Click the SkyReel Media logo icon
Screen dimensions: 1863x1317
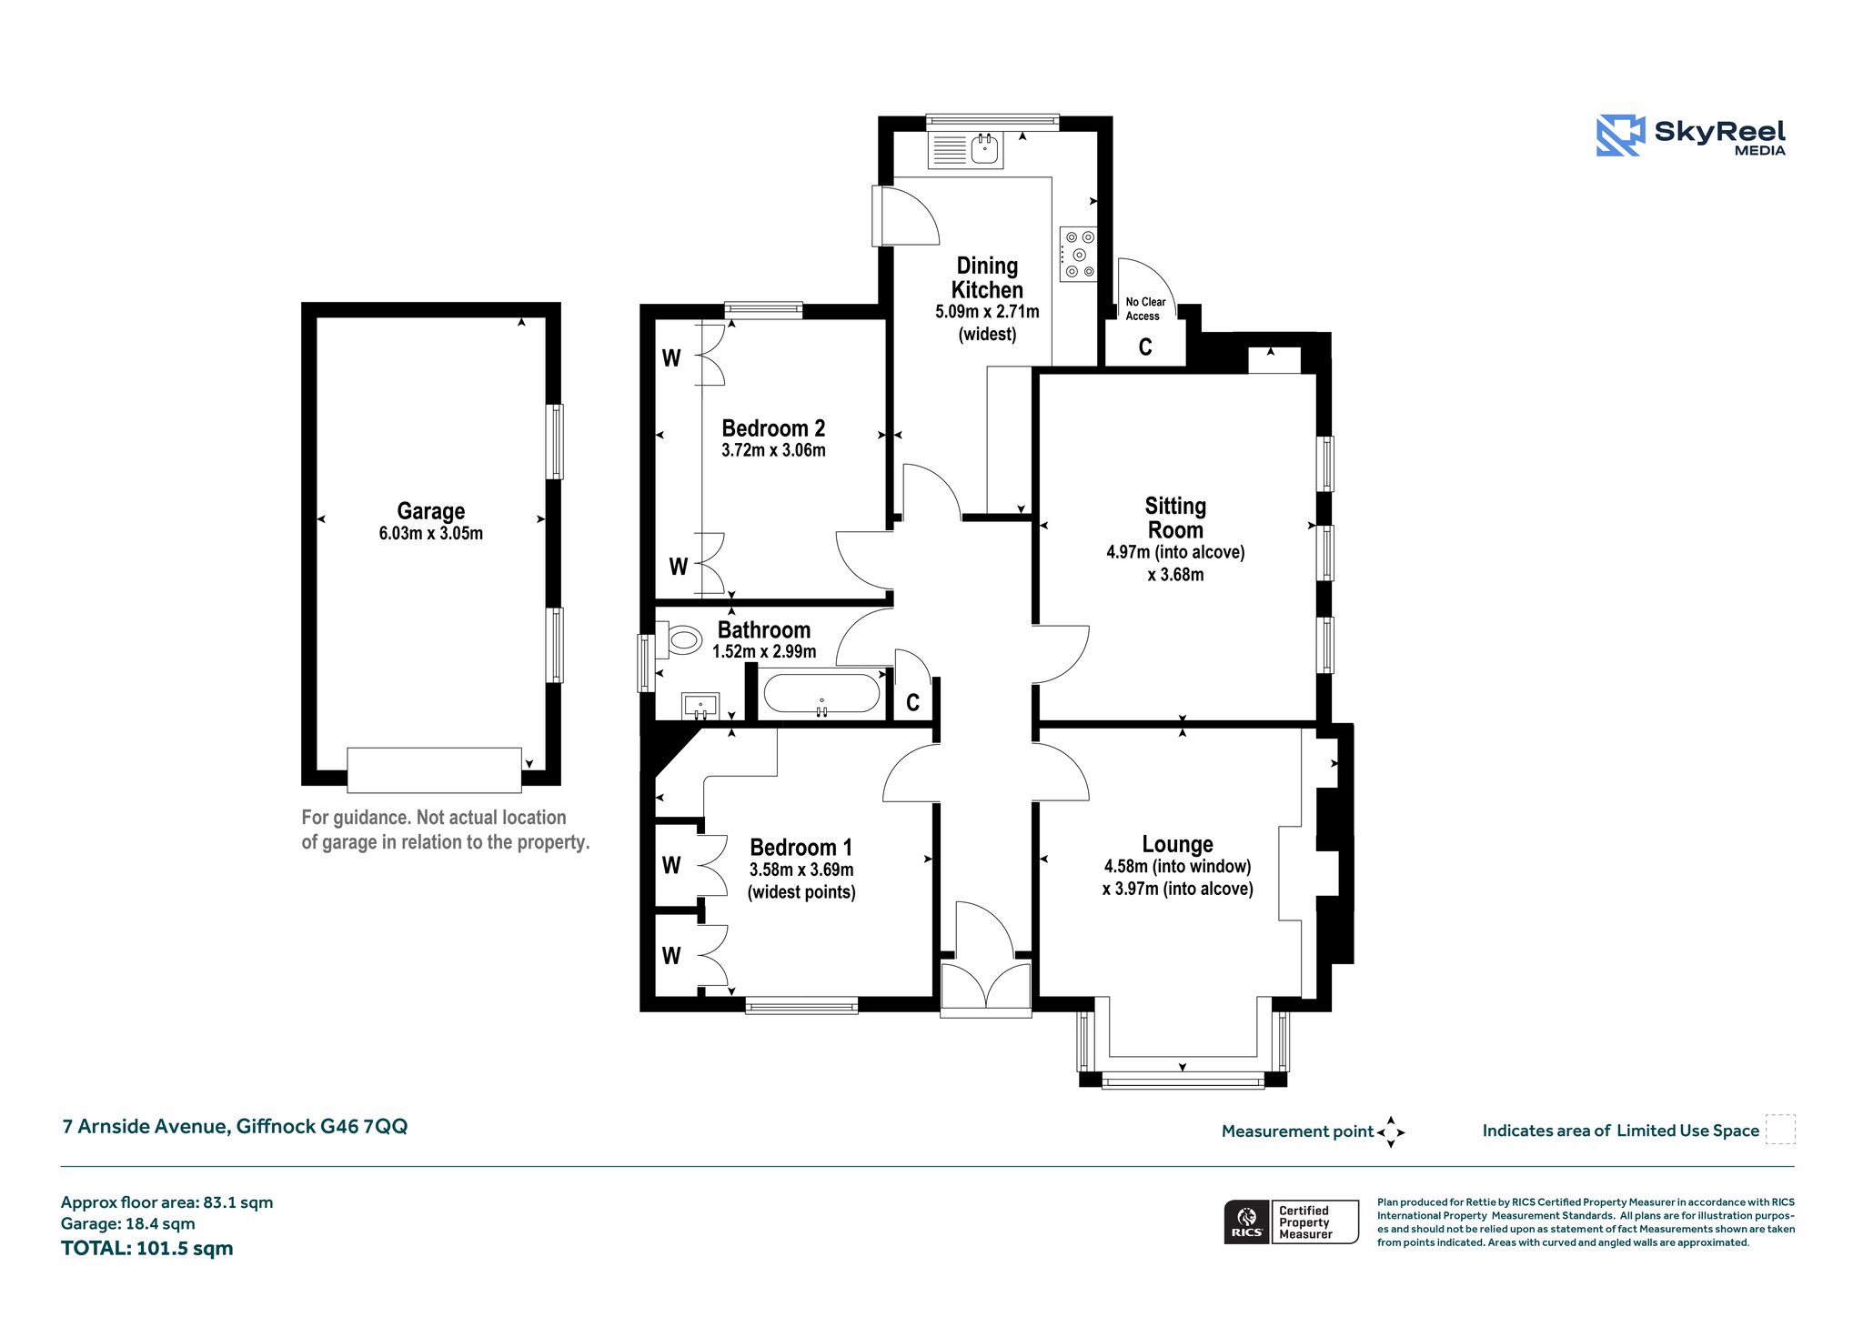point(1621,136)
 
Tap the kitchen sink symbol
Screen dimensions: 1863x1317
point(965,150)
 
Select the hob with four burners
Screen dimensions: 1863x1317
point(1078,254)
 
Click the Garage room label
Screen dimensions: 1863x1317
point(431,511)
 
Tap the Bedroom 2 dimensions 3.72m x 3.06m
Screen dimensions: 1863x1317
point(773,450)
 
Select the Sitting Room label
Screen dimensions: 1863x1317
point(1175,518)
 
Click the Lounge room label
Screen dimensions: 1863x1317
point(1177,844)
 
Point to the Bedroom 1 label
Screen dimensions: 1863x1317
point(801,848)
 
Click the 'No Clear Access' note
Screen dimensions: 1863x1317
point(1145,309)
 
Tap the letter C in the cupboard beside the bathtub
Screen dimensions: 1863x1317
point(912,702)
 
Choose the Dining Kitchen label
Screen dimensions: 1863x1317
point(987,277)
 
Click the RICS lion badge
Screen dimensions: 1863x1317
point(1246,1221)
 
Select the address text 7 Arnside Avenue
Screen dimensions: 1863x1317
point(144,1126)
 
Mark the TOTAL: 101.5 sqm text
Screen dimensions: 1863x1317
point(147,1248)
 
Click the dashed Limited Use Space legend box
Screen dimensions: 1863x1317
point(1780,1130)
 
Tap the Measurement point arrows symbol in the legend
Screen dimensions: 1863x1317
point(1391,1132)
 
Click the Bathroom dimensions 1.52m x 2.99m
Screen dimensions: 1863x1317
point(764,652)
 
